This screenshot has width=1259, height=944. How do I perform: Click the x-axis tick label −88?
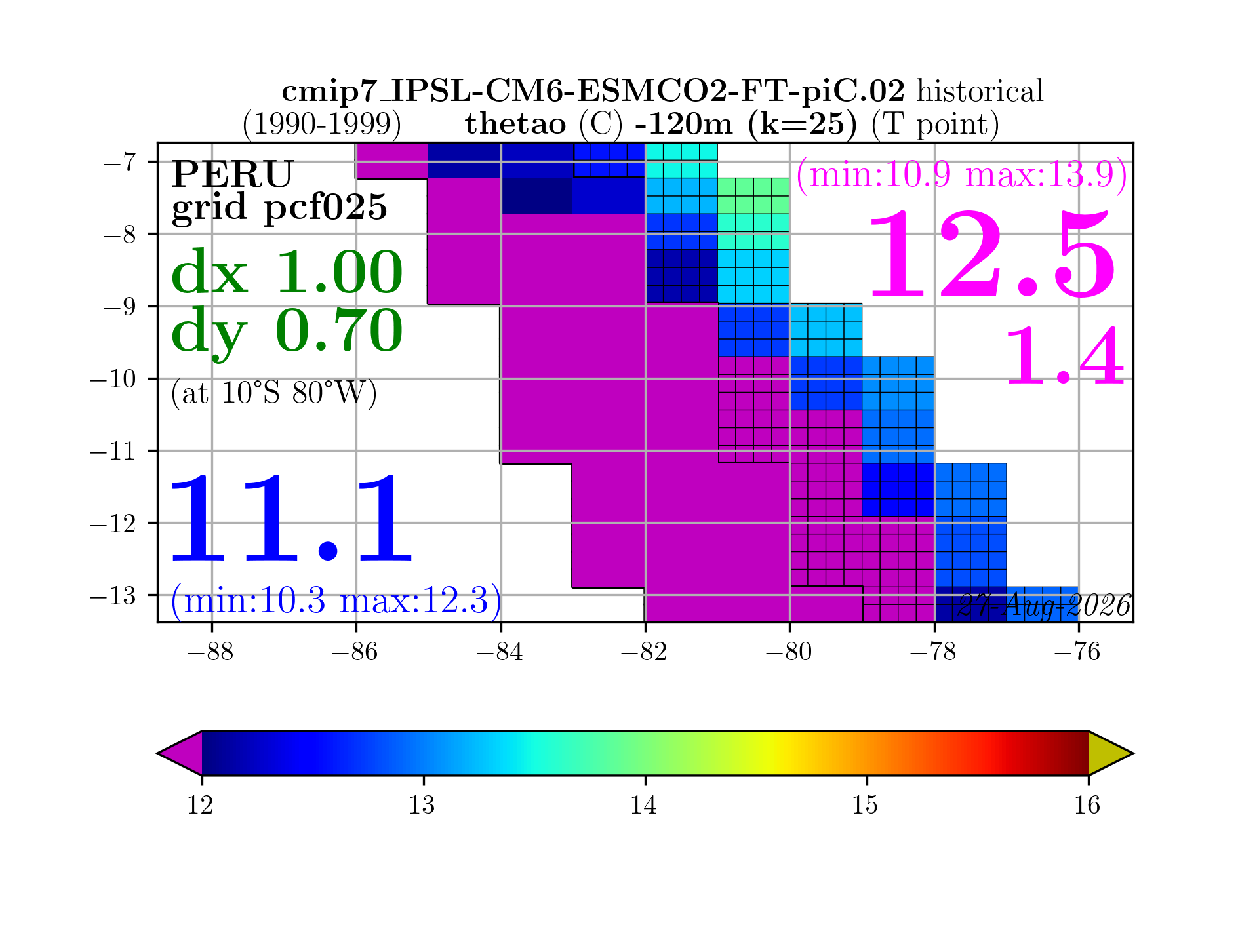[x=210, y=652]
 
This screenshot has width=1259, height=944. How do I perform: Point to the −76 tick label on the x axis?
[x=1077, y=652]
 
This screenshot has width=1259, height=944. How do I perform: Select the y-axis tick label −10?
[x=113, y=379]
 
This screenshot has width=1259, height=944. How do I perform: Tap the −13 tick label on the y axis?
[x=113, y=595]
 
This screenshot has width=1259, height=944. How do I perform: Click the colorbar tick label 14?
[x=644, y=804]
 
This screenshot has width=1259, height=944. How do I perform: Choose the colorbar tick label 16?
[x=1087, y=804]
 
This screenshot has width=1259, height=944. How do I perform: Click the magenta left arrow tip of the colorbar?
[x=158, y=753]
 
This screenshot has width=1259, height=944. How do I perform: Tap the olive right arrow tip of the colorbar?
[x=1132, y=753]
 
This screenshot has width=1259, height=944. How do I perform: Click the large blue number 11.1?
[x=291, y=519]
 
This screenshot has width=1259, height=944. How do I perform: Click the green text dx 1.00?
[x=287, y=271]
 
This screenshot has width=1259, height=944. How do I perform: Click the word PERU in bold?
[x=232, y=174]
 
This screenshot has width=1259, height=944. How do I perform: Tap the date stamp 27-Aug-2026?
[x=1044, y=606]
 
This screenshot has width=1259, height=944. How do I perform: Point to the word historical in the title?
[x=980, y=91]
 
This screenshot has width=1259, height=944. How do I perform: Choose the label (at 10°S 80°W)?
[x=274, y=393]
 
